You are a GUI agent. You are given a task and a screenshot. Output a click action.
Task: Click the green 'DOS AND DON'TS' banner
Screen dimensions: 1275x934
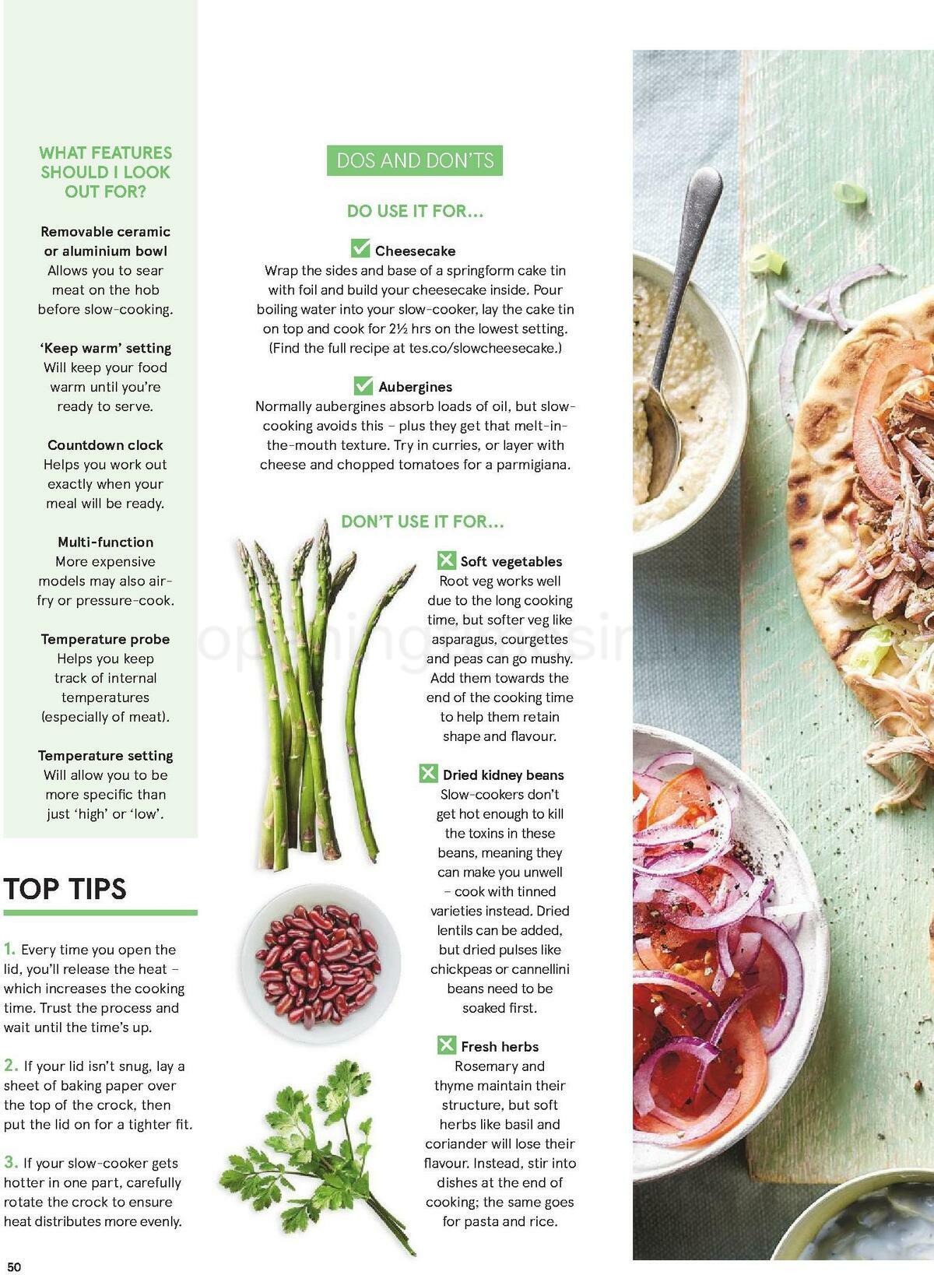point(415,161)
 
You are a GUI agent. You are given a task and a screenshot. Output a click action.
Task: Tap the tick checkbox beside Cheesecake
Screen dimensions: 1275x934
point(360,249)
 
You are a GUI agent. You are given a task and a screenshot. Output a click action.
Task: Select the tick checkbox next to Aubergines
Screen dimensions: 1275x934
point(363,385)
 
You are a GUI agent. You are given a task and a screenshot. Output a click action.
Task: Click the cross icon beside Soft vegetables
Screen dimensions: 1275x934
point(447,560)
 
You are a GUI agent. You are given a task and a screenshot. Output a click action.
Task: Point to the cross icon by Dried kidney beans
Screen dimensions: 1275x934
point(428,774)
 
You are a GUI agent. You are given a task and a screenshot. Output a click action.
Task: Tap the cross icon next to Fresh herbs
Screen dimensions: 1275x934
point(446,1045)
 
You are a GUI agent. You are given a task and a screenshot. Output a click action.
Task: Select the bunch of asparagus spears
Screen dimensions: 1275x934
point(319,685)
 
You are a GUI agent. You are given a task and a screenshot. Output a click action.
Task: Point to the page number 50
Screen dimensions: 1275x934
point(15,1266)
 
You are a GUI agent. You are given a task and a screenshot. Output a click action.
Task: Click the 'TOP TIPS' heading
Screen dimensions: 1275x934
point(65,889)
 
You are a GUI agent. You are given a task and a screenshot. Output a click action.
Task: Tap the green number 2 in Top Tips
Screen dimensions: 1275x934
point(11,1065)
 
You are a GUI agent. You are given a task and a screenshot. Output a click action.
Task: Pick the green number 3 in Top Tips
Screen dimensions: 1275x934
point(11,1162)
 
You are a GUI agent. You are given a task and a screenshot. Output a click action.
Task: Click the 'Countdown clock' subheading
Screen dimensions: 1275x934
point(105,445)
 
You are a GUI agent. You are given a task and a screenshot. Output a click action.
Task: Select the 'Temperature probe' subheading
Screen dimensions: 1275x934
point(105,639)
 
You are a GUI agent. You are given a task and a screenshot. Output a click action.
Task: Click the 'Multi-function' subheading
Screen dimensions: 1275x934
point(105,542)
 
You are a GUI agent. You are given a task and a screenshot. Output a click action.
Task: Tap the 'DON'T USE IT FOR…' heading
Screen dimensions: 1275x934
point(423,522)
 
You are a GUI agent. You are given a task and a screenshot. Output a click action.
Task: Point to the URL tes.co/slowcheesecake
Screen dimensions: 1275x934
point(484,348)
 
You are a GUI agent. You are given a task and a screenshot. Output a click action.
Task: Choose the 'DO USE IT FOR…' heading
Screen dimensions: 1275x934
point(415,211)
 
